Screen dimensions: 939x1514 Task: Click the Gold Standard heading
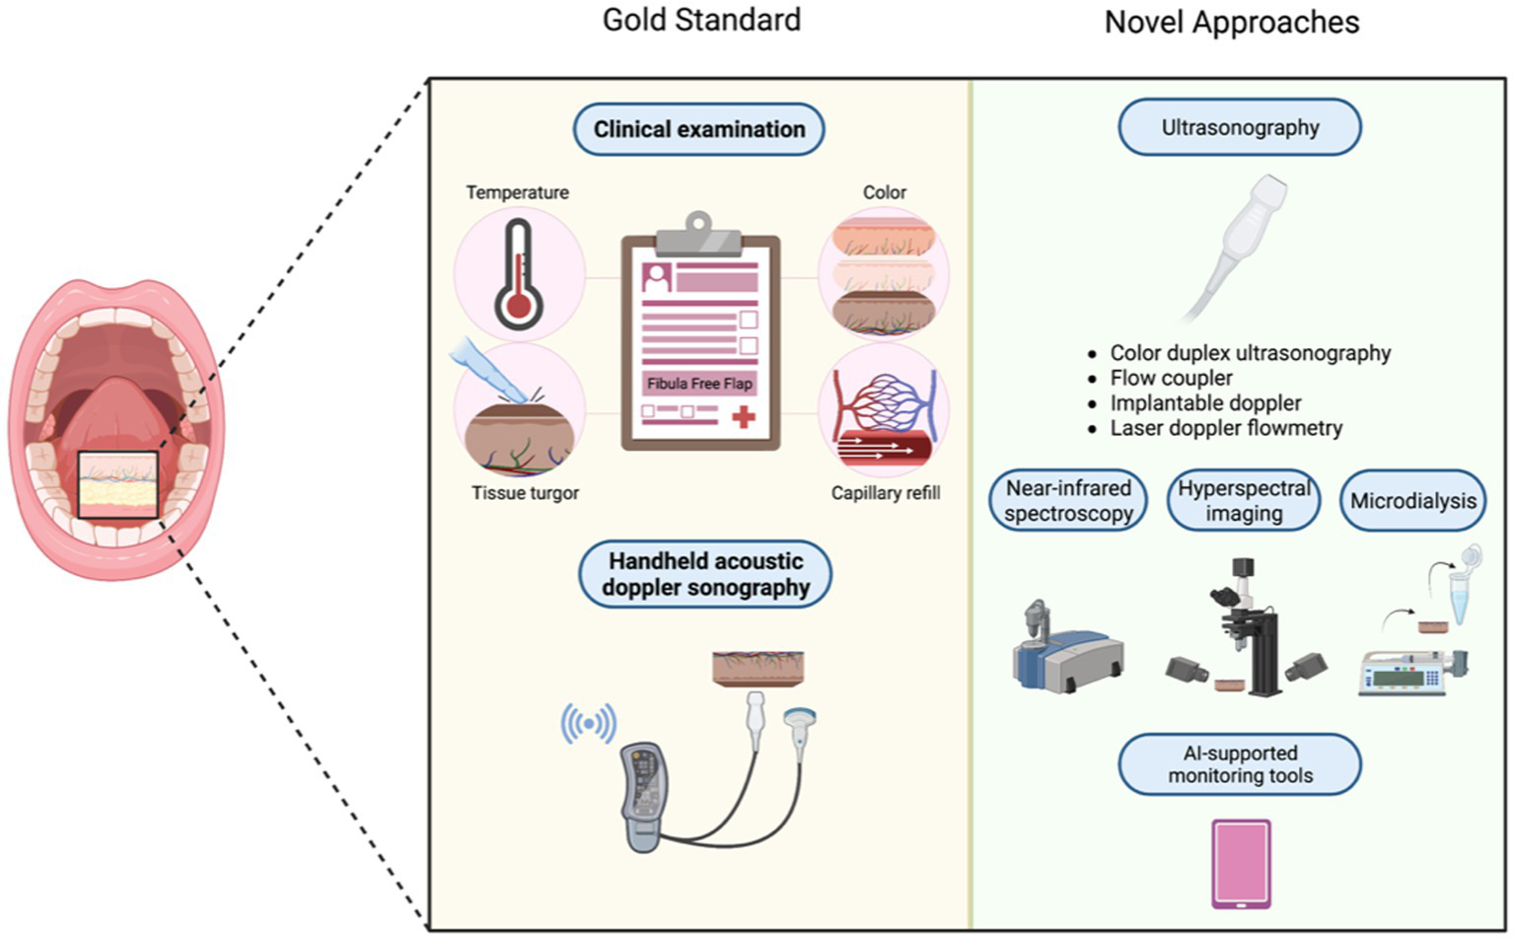701,20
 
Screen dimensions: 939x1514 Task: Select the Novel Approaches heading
1231,22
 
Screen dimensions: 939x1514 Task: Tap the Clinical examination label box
699,129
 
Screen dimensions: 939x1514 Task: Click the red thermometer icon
518,274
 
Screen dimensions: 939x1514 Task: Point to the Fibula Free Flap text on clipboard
699,384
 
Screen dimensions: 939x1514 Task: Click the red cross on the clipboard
744,416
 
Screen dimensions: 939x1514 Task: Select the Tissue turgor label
525,493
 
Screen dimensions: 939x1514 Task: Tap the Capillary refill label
885,493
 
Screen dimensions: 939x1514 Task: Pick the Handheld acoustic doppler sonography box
705,574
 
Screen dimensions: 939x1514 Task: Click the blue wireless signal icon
589,724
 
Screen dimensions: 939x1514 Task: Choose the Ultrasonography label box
1240,127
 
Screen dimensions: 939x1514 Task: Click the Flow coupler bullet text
1171,378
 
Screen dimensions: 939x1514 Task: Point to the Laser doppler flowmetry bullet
1226,428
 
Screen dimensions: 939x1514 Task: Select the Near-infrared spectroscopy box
1068,501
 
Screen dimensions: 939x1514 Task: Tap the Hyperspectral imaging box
1244,501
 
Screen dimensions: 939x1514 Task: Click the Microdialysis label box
1412,501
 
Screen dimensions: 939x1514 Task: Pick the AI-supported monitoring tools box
1240,764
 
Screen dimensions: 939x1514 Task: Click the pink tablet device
1241,863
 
